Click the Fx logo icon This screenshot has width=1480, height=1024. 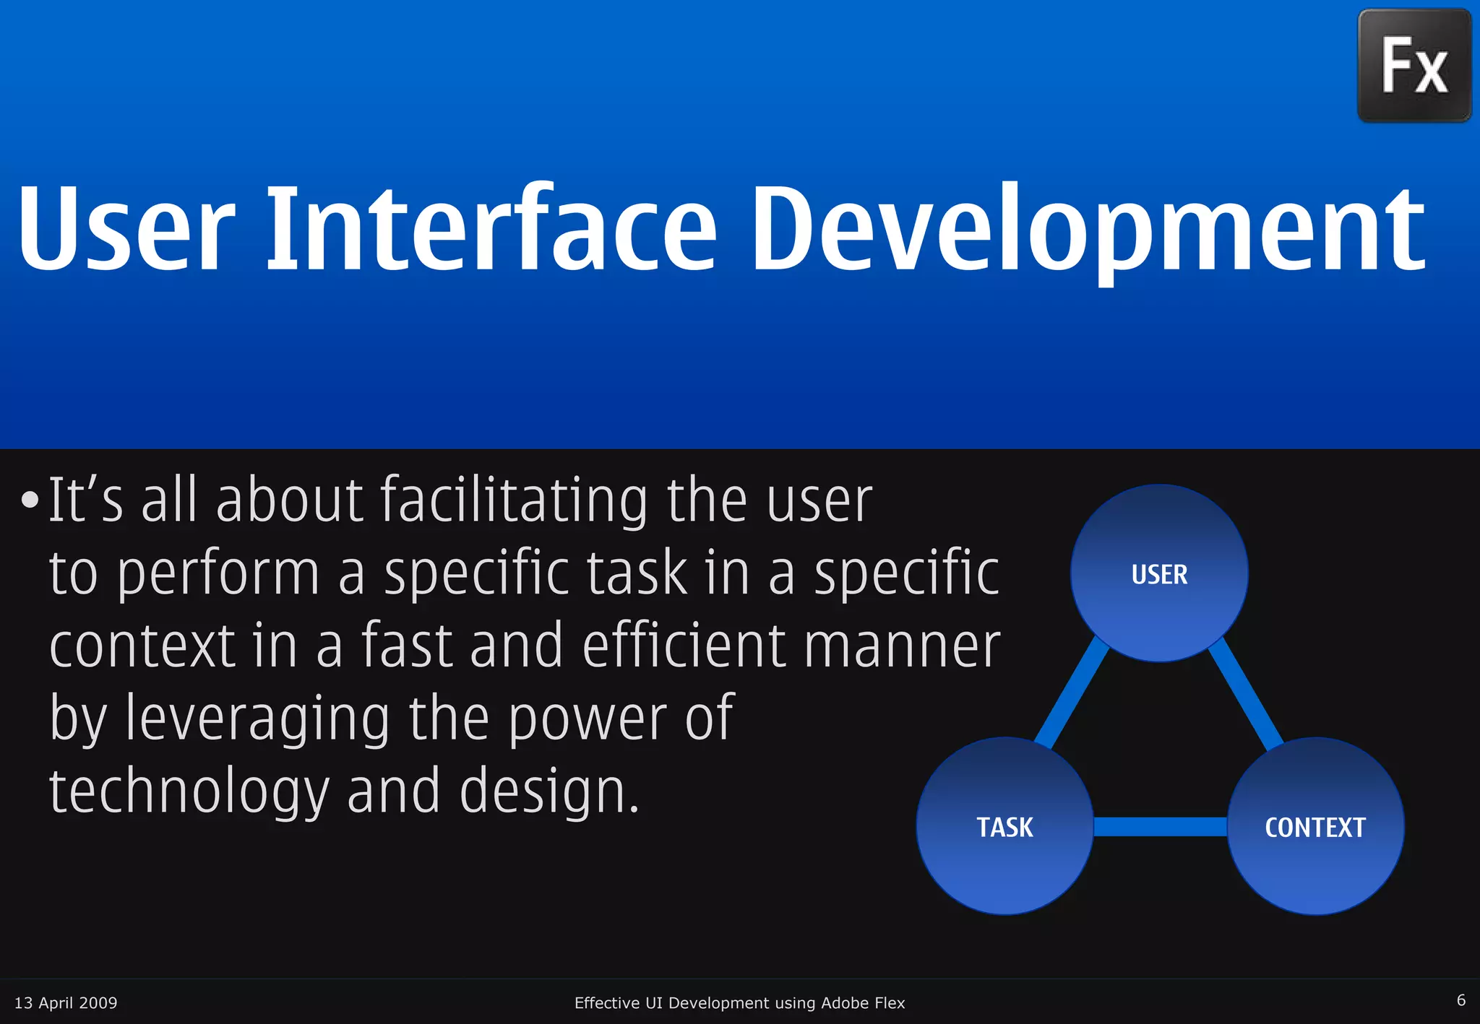(1414, 66)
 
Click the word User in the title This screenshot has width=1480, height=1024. (126, 230)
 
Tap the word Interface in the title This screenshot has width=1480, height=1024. (491, 230)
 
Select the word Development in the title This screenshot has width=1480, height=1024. (1088, 230)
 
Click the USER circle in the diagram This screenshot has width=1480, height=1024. (1159, 573)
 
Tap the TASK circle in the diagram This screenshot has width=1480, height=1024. (1004, 826)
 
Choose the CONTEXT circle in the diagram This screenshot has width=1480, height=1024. (1315, 826)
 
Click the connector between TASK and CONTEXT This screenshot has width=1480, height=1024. (1160, 826)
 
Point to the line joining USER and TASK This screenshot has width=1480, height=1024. (1071, 693)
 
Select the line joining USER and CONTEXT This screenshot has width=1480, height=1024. (1246, 693)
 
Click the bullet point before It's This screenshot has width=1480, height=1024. (30, 500)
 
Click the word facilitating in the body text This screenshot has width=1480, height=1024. (514, 500)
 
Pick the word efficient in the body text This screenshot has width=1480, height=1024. (683, 646)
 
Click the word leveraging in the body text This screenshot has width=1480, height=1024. (257, 718)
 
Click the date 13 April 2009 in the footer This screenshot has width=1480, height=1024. (66, 1002)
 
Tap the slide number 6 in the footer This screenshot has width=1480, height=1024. (1460, 1000)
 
